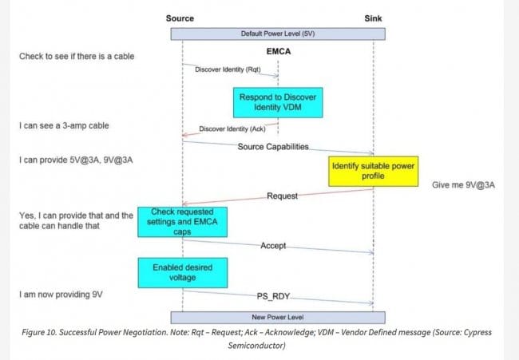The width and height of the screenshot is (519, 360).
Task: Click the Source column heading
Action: (180, 18)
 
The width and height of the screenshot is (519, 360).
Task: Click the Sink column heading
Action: (374, 18)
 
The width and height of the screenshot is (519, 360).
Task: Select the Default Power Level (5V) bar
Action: (277, 34)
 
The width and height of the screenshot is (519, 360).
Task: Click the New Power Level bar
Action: (277, 317)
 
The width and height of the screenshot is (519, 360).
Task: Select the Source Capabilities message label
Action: (273, 148)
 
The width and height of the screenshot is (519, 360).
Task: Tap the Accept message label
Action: (273, 245)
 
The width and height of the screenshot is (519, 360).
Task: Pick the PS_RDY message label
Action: (273, 295)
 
